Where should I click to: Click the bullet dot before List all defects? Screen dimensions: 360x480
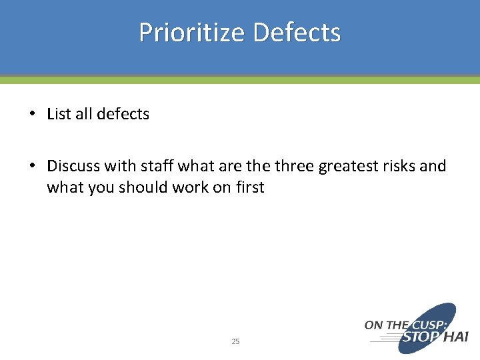[32, 114]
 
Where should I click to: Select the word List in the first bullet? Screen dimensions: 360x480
[59, 114]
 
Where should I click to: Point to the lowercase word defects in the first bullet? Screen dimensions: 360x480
[123, 114]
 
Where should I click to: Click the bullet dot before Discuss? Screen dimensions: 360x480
[32, 166]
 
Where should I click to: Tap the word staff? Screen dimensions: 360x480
[139, 166]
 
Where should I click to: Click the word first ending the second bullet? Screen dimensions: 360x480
[249, 188]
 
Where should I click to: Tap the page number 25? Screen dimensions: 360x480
[235, 341]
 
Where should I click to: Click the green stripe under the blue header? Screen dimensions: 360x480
[240, 80]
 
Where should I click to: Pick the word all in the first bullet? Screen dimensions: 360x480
[84, 114]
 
